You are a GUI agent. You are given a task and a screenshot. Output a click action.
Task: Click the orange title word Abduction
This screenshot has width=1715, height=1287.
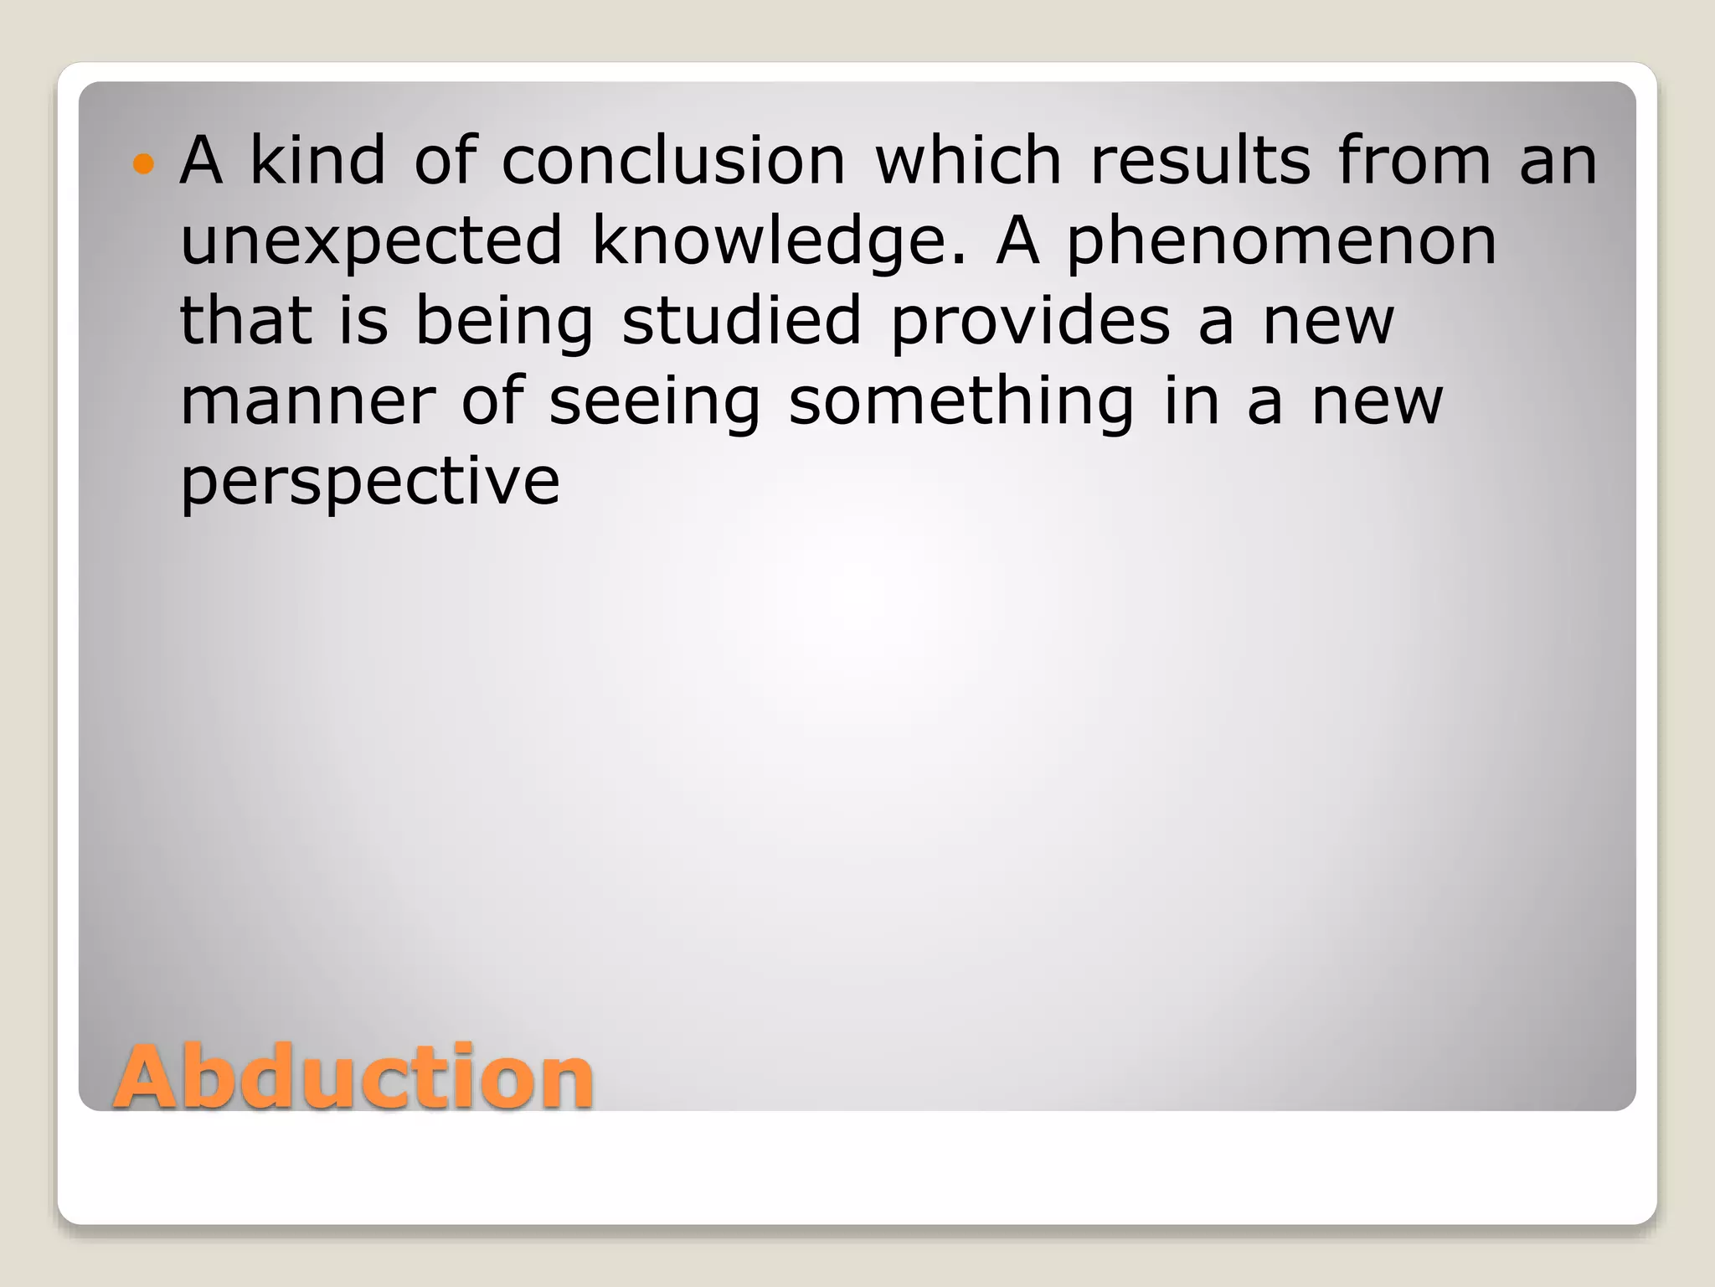click(x=353, y=1077)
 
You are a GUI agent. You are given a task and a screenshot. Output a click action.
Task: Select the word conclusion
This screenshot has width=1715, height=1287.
click(x=673, y=160)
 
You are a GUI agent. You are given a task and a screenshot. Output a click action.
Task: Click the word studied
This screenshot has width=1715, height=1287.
click(x=741, y=320)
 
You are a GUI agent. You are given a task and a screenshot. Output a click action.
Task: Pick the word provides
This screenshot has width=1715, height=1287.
click(x=1030, y=320)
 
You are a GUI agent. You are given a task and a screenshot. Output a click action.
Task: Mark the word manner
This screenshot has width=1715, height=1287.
click(x=307, y=401)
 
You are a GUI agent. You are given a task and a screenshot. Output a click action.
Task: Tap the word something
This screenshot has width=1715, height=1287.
click(x=961, y=401)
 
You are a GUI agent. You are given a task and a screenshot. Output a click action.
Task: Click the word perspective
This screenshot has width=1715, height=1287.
click(x=369, y=482)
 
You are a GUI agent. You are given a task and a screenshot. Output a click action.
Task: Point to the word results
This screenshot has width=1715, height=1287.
click(x=1199, y=160)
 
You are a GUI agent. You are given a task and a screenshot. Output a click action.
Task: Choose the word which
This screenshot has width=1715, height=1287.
click(x=968, y=160)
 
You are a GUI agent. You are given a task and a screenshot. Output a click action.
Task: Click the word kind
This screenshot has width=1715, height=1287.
click(x=318, y=160)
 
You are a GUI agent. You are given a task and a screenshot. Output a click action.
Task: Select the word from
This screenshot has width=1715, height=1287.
click(x=1414, y=160)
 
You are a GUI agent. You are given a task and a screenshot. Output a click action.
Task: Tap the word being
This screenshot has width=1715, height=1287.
click(x=504, y=322)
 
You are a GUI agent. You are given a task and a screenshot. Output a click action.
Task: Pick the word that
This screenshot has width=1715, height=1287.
click(x=246, y=320)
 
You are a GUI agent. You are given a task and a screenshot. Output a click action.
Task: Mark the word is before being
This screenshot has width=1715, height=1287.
click(x=363, y=320)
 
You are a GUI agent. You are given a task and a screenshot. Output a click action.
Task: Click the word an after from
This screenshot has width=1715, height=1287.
click(x=1558, y=162)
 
